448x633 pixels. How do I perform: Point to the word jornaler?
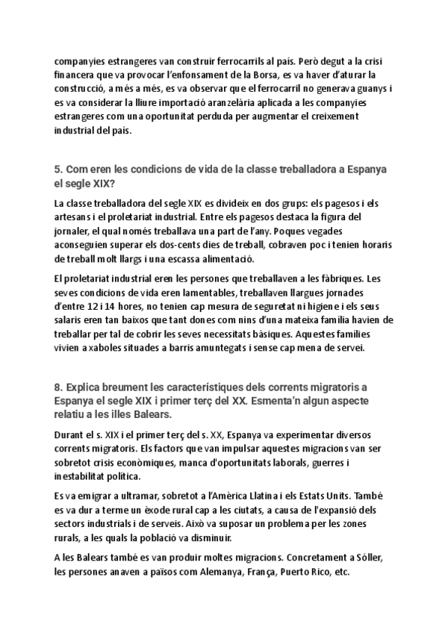point(75,231)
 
